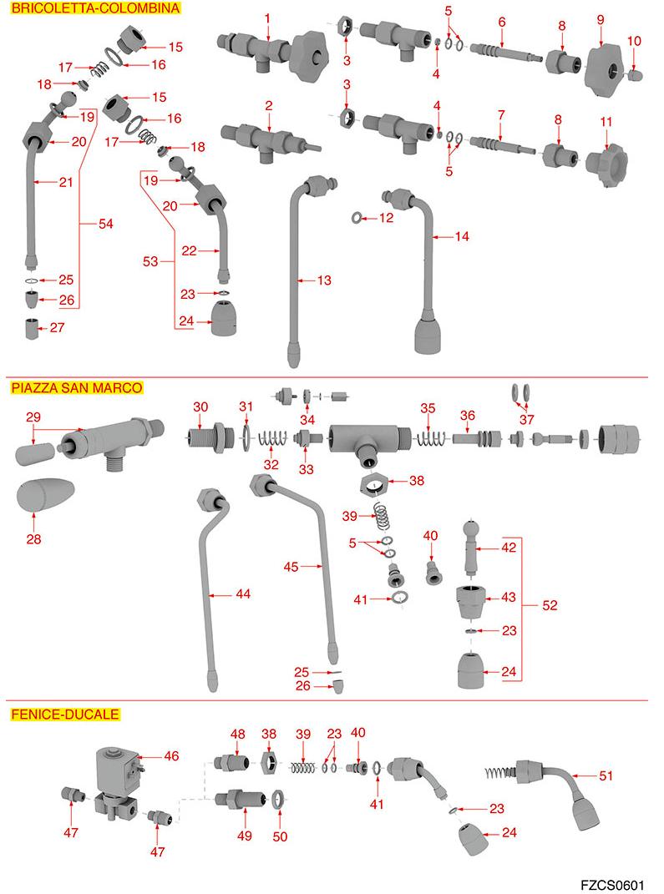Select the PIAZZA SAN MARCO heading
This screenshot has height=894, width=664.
click(x=76, y=387)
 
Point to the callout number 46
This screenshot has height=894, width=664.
click(x=171, y=755)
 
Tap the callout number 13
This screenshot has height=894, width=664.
click(x=324, y=280)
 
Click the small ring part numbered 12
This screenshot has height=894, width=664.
click(x=357, y=219)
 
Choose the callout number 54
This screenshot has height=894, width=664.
click(x=106, y=224)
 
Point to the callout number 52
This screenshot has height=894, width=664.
click(x=550, y=606)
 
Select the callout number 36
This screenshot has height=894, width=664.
click(x=467, y=415)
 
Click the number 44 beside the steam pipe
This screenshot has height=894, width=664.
click(x=243, y=594)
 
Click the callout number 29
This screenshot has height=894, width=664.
click(x=33, y=416)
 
